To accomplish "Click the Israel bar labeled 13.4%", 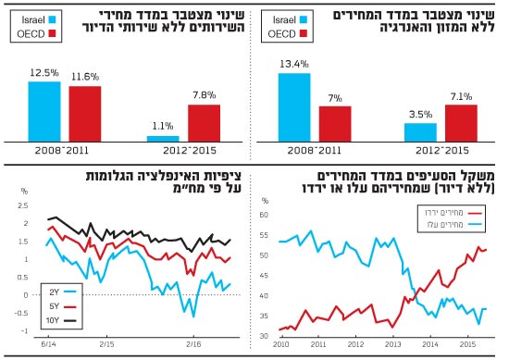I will tap(293, 106).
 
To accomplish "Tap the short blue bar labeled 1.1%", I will tap(163, 138).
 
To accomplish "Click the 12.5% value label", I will tap(43, 73).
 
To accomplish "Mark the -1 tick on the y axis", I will tap(25, 331).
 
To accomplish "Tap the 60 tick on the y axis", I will tap(264, 215).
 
